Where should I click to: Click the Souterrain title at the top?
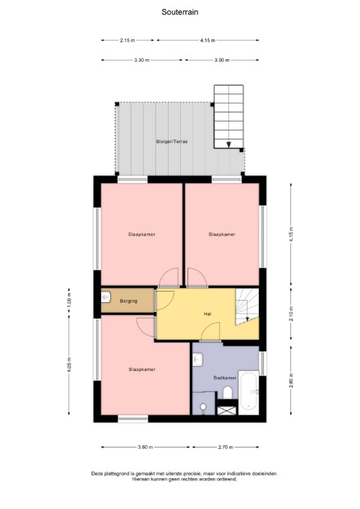coord(180,12)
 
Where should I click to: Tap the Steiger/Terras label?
coord(172,142)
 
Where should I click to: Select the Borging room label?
coord(128,301)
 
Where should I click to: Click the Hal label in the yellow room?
coord(207,314)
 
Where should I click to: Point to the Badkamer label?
coord(225,378)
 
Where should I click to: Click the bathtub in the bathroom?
coord(249,393)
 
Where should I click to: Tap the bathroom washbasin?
coord(197,359)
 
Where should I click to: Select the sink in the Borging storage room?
coord(106,297)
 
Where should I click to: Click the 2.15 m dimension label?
coord(127,40)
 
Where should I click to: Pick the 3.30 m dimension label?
coord(142,60)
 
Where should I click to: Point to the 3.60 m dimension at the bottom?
coord(145,447)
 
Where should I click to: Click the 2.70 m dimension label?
coord(226,447)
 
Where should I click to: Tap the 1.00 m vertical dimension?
coord(69,301)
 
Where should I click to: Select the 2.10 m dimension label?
coord(291,313)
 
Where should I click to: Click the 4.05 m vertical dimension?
coord(69,365)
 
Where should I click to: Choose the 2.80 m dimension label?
coord(291,380)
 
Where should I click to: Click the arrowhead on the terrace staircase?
coord(229,145)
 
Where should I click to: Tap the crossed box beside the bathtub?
coord(227,410)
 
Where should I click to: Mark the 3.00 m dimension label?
coord(222,60)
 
